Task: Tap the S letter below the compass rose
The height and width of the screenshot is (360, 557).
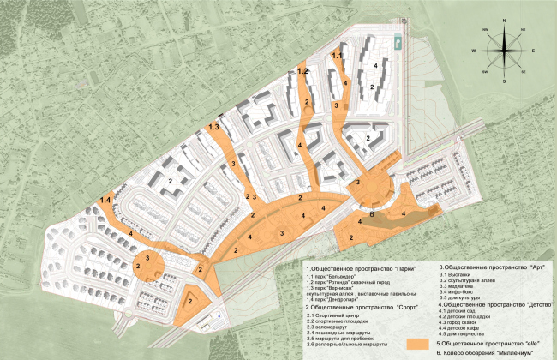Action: (504, 81)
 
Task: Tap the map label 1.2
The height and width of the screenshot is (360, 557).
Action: (302, 72)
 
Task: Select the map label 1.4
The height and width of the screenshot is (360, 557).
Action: (105, 200)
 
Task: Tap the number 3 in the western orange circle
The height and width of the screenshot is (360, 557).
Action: (148, 257)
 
